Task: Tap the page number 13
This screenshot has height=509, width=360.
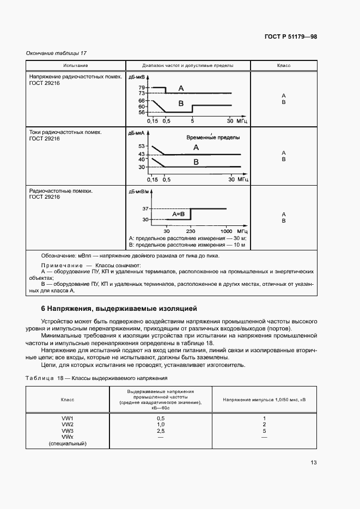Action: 313,463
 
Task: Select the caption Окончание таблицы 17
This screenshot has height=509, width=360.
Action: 57,53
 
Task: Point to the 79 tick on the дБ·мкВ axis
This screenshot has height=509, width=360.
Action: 142,88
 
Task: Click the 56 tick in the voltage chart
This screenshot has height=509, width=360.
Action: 142,112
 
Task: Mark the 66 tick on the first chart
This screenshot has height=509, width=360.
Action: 142,101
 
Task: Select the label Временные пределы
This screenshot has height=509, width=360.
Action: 213,138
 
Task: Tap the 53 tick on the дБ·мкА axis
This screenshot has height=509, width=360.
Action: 142,146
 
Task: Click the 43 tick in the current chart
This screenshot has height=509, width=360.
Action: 142,155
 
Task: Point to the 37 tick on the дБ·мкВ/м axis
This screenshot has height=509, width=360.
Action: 145,208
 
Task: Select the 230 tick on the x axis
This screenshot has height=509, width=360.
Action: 191,231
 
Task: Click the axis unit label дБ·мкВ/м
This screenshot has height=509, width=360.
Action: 139,192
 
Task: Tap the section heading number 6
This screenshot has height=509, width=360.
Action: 44,308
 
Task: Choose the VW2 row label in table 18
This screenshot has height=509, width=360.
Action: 68,424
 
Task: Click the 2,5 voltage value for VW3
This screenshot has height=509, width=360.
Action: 161,431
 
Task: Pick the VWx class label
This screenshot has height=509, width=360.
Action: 68,437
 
